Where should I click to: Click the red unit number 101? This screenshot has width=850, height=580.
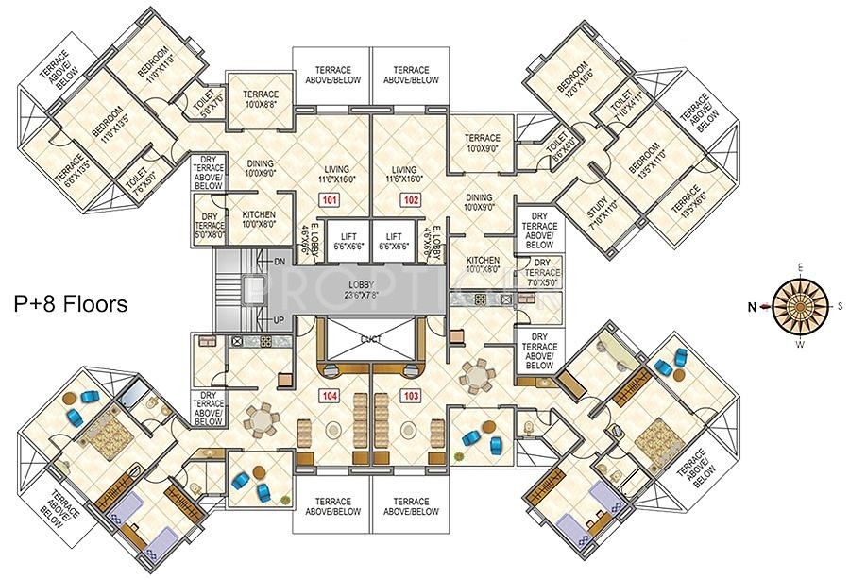330,200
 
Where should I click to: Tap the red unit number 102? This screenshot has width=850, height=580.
411,200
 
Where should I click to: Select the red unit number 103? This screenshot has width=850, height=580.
411,397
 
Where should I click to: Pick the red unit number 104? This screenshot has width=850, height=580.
330,397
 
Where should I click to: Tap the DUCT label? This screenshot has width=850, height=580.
369,337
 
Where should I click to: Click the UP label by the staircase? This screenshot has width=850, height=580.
280,321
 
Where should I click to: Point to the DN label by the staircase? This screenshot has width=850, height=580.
280,261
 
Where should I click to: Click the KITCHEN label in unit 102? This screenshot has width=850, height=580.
483,264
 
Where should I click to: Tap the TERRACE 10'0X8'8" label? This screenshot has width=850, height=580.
261,98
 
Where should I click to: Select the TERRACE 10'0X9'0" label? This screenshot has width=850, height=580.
482,143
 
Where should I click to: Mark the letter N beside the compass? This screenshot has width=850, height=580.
753,305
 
